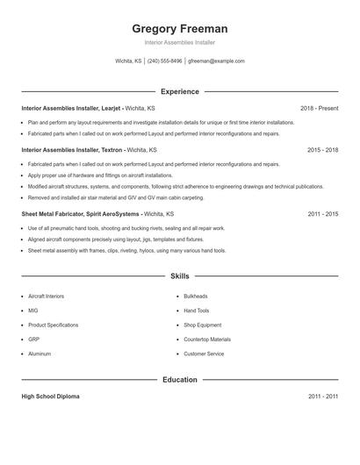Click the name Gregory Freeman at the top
click(179, 28)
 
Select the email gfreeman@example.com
click(216, 61)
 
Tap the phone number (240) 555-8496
click(164, 61)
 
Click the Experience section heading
click(179, 91)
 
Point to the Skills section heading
click(179, 275)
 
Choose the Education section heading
click(179, 380)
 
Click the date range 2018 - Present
click(319, 108)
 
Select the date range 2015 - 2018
click(322, 150)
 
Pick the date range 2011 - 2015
click(322, 213)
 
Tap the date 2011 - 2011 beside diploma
click(322, 397)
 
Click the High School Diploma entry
click(50, 397)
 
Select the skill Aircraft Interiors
click(47, 297)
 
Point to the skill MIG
click(33, 311)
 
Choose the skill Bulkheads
click(196, 297)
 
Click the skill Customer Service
click(204, 354)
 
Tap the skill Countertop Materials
click(207, 340)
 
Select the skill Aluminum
click(40, 354)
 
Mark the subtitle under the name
click(179, 42)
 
